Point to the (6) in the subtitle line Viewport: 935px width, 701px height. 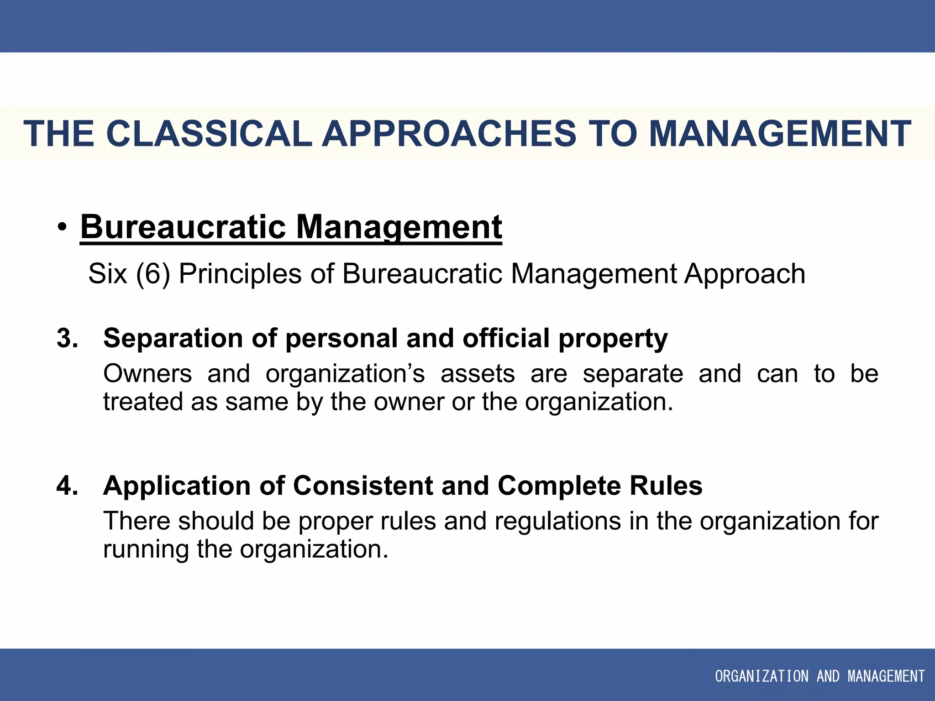(x=153, y=274)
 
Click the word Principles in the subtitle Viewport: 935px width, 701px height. (x=240, y=274)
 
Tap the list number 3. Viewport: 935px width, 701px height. (x=67, y=338)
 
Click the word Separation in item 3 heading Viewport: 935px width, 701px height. (x=173, y=338)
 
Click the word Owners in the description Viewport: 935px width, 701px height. (x=147, y=374)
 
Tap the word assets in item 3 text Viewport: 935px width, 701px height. (x=478, y=374)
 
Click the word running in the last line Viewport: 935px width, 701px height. (x=146, y=549)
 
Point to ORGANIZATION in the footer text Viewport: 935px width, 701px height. (x=762, y=676)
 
